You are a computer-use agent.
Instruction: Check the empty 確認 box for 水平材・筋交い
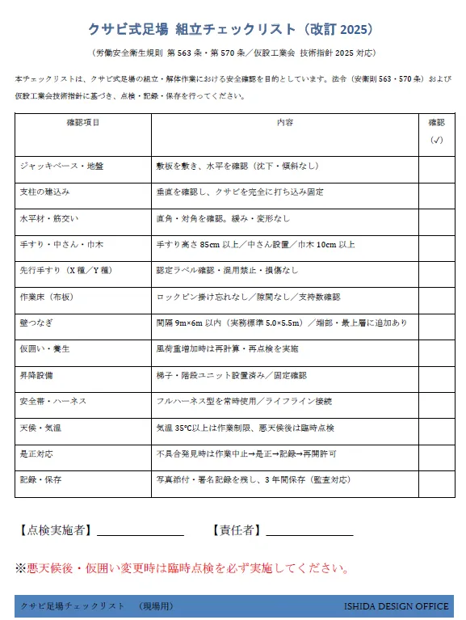tap(436, 219)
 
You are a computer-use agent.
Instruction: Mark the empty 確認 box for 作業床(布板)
tap(436, 297)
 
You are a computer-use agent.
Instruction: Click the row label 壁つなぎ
tap(36, 323)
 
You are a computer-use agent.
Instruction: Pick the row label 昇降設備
tap(36, 376)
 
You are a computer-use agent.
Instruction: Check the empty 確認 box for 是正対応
tap(436, 454)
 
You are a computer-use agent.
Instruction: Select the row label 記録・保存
tap(40, 480)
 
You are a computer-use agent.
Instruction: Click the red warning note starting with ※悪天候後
tap(182, 569)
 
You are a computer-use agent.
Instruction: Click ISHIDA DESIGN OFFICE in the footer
tap(396, 606)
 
